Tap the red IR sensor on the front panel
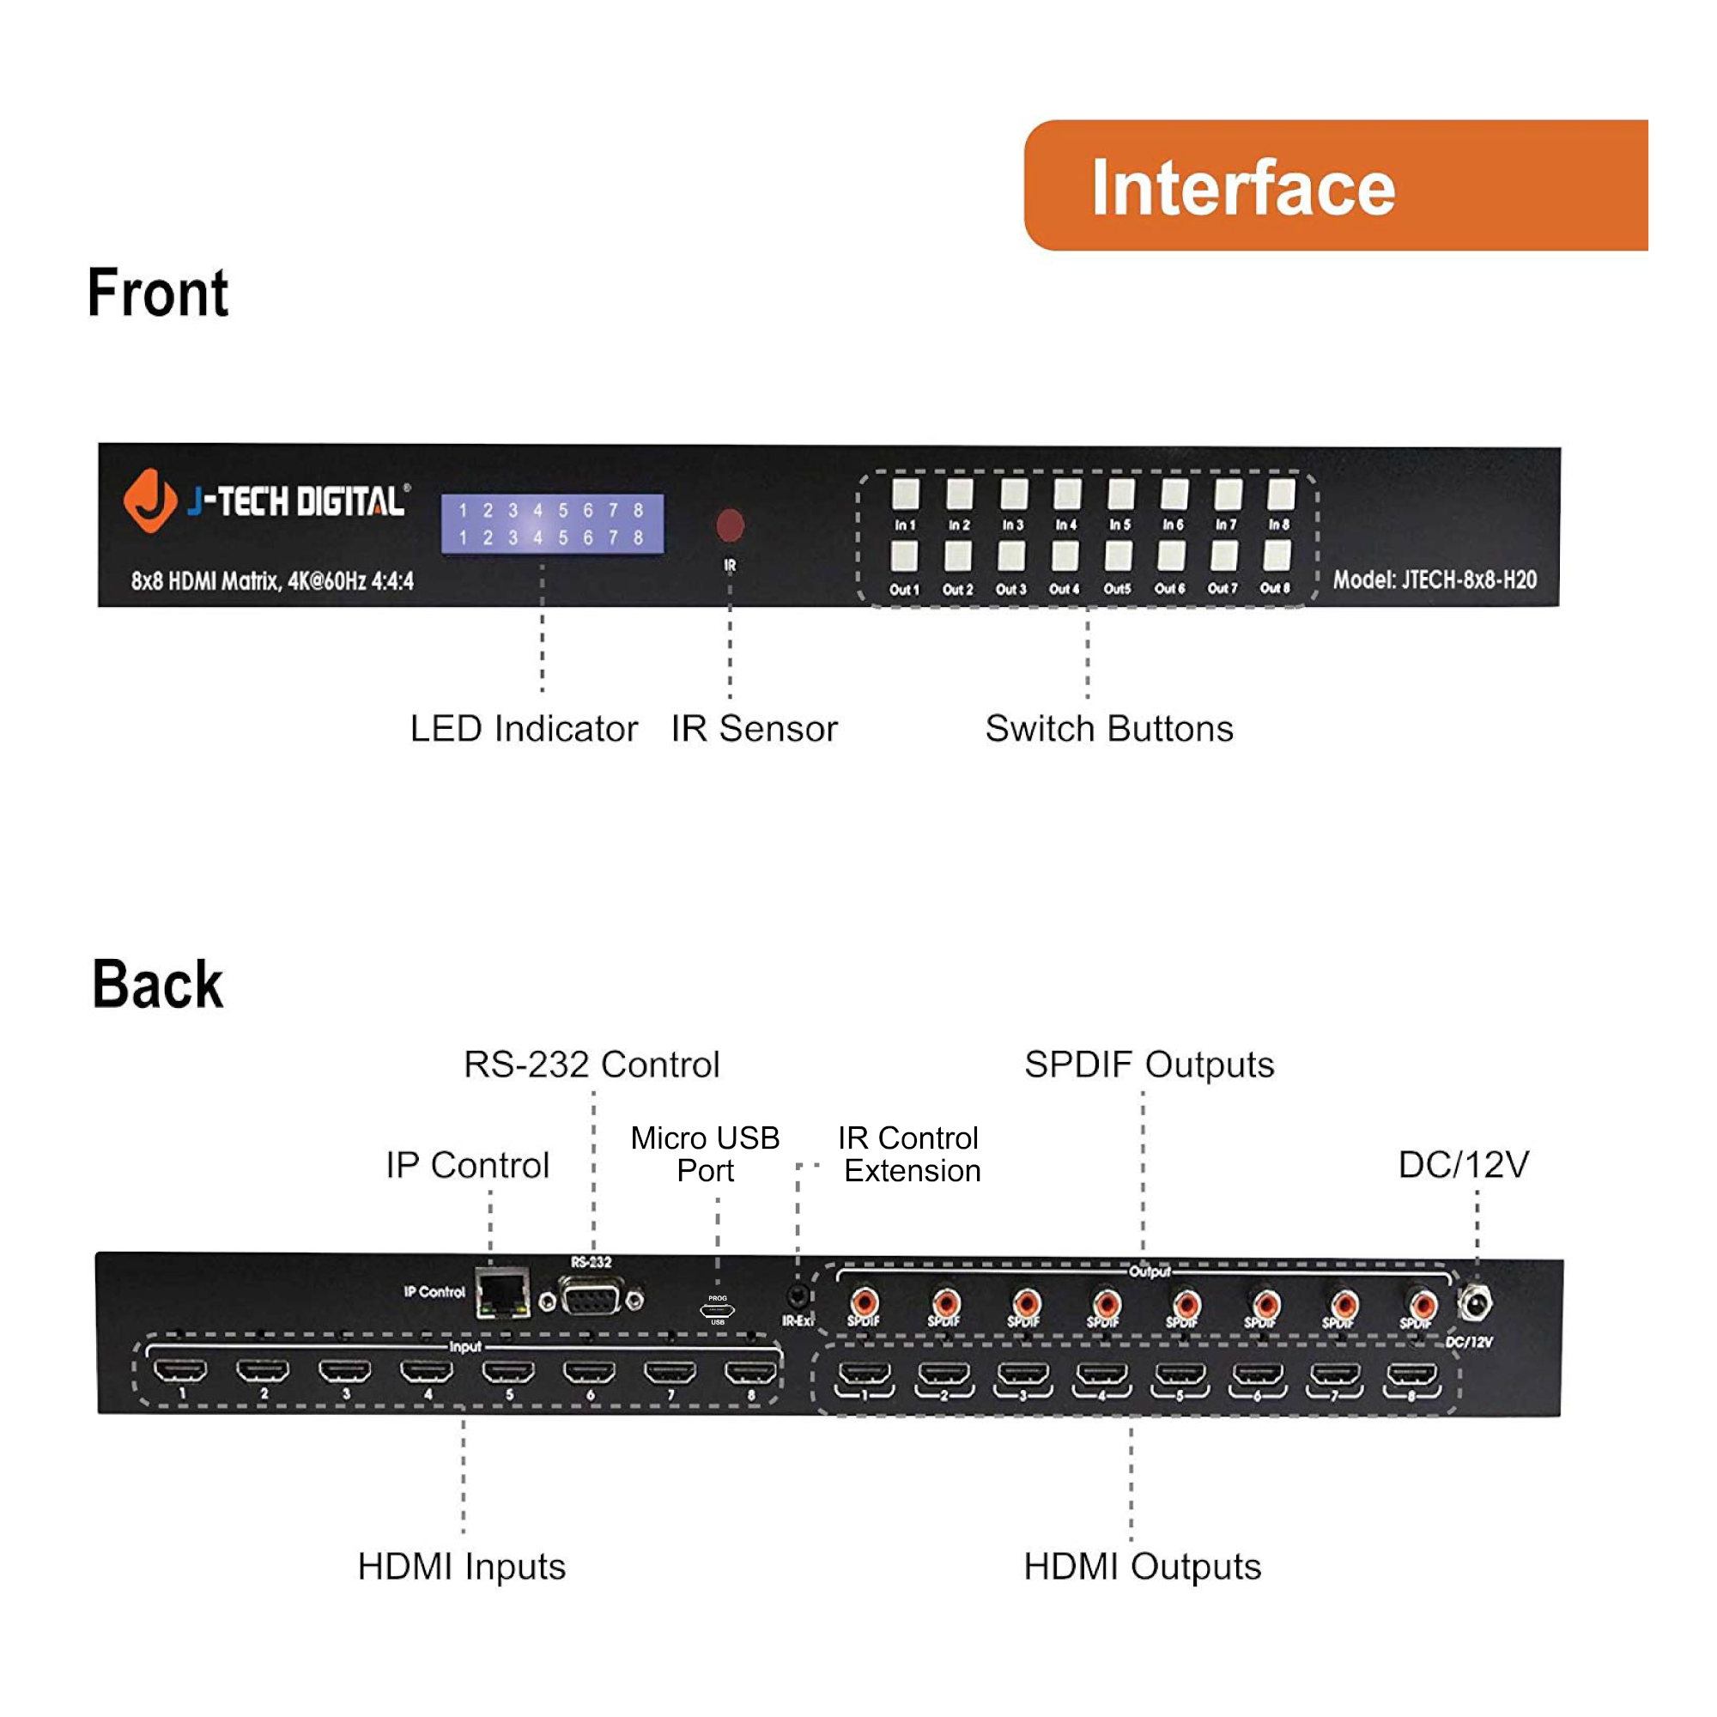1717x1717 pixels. [x=730, y=525]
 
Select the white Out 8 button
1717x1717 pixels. [x=1277, y=556]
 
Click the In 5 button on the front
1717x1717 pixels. [x=1120, y=494]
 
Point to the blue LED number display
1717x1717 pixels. [x=552, y=524]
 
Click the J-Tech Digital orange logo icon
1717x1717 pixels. [x=150, y=501]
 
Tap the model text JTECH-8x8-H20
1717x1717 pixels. [x=1435, y=579]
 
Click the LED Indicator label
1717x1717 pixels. [x=524, y=729]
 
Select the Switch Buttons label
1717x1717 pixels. [x=1109, y=729]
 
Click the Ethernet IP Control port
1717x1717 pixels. [x=503, y=1293]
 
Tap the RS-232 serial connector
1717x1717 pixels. [x=591, y=1299]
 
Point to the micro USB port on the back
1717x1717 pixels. [x=717, y=1311]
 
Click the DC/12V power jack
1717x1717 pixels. [x=1475, y=1304]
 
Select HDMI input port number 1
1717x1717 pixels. [x=180, y=1371]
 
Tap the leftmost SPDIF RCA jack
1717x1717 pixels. [x=864, y=1303]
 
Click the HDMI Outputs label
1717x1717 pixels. [x=1142, y=1567]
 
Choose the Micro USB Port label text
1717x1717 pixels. [x=705, y=1155]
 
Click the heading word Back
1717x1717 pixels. [x=157, y=985]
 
